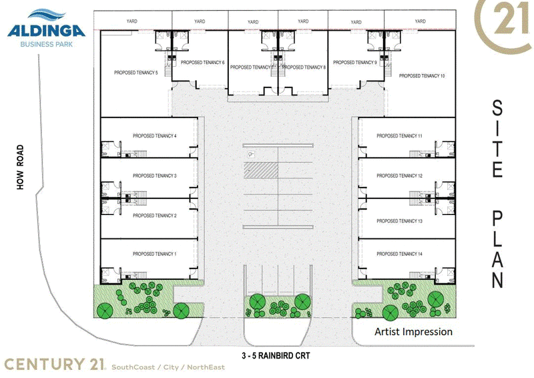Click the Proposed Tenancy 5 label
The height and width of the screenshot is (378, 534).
point(136,73)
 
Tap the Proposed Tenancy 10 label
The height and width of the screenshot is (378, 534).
point(422,75)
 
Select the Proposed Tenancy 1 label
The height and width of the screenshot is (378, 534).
point(155,254)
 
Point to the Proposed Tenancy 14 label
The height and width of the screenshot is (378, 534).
point(399,254)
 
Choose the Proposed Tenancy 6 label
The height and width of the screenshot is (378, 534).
point(203,62)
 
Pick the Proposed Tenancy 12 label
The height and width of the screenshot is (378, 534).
point(399,176)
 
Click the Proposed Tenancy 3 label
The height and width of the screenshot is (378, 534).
point(155,176)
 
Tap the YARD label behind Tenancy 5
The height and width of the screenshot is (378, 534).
point(131,21)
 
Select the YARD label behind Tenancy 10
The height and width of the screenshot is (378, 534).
point(421,21)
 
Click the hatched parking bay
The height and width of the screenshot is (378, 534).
point(261,170)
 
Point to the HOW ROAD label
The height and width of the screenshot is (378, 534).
point(21,167)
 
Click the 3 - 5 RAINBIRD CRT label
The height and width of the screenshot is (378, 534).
point(276,356)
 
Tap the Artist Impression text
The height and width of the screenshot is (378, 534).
point(413,332)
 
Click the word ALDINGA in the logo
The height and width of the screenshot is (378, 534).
point(46,31)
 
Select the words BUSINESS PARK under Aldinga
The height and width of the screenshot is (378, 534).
point(47,44)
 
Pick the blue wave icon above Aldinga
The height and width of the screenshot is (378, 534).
point(47,15)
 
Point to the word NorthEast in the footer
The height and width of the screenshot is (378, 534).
point(206,367)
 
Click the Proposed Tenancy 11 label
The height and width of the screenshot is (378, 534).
point(399,136)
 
